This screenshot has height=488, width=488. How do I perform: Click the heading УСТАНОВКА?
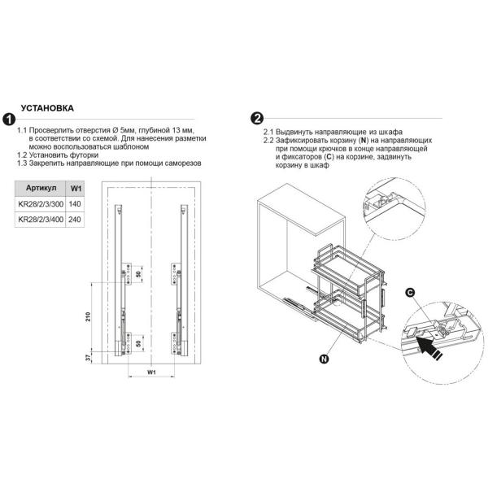pos(47,108)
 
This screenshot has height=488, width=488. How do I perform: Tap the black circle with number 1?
pos(9,120)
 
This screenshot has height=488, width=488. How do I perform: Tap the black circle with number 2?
pos(257,118)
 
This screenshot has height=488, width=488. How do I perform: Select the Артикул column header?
pos(41,189)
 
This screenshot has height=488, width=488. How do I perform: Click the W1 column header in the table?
pos(76,189)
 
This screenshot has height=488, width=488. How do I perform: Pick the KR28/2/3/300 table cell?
pos(41,204)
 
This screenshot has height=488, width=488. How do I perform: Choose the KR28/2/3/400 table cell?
pos(41,220)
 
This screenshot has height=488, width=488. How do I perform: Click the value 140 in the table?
pos(75,204)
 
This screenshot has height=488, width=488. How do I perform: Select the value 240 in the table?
pos(75,220)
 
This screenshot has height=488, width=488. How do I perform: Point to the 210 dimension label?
pos(89,316)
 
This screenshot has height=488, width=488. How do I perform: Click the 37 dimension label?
pos(89,358)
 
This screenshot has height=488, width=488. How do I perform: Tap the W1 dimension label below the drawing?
pos(151,372)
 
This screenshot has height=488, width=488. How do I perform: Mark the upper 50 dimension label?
pos(138,274)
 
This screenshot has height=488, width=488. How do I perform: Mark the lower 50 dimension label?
pos(138,343)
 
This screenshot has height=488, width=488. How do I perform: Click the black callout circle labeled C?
pos(411,293)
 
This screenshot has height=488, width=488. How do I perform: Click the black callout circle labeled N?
pos(324,359)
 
